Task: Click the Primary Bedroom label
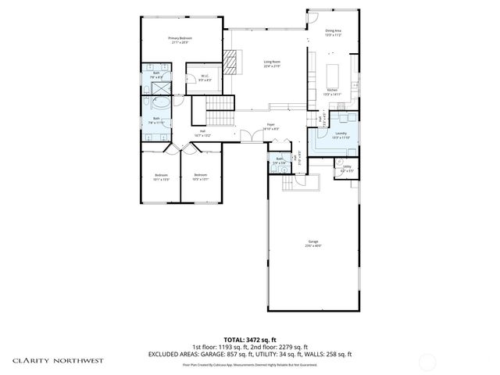(180, 39)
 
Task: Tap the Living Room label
(272, 63)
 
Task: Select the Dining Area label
(334, 32)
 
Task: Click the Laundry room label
(341, 134)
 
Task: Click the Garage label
(312, 244)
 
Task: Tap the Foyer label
(270, 124)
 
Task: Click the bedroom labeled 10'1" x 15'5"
(161, 176)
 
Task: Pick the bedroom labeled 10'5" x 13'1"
(200, 176)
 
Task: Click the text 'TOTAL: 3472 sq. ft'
(250, 340)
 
